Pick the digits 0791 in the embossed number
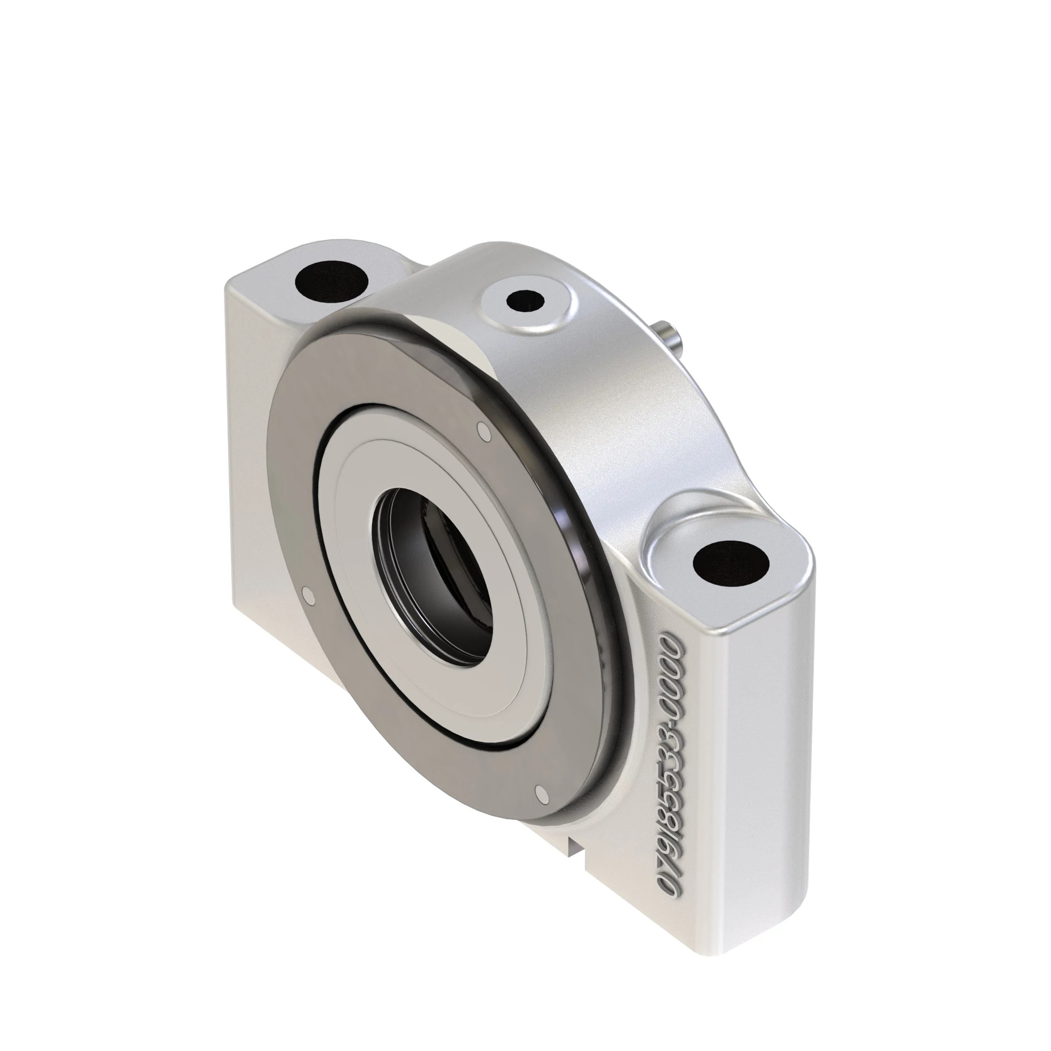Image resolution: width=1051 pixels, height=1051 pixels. [x=670, y=865]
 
